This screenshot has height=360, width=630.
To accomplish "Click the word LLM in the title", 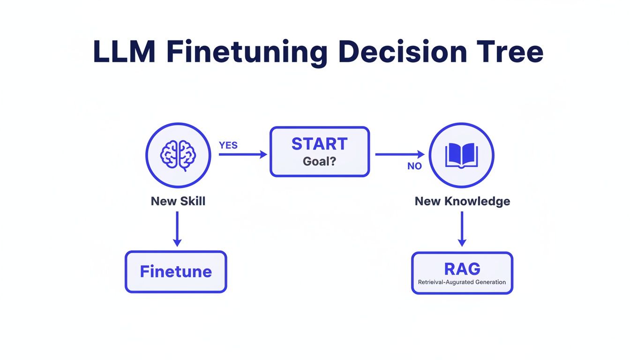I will coord(124,52).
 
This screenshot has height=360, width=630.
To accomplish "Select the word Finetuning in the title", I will coord(247,52).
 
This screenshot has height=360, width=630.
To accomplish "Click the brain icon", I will coord(178,155).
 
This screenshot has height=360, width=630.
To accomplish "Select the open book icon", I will coord(462,155).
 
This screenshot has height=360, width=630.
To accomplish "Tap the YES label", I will coord(228,145).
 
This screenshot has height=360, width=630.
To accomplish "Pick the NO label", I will coord(414,166).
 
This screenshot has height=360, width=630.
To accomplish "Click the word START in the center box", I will coord(320,144).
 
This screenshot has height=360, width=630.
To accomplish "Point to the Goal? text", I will coord(320,161).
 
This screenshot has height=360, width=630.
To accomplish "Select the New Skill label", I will coord(178,201).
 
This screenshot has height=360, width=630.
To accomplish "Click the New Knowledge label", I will coord(462,201).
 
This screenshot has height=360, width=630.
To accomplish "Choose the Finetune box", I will coord(176,272).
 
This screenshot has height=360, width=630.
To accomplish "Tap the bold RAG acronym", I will coord(462,269).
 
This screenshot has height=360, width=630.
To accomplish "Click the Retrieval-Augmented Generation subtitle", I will coord(462,282).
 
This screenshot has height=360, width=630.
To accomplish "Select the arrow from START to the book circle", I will coord(399,154).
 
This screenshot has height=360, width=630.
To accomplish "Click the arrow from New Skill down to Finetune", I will coord(177,229).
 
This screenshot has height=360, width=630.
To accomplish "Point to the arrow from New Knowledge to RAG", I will coord(462,229).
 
